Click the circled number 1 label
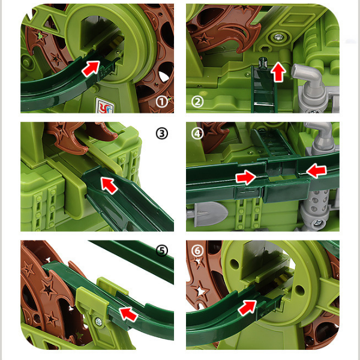pyautogui.click(x=162, y=101)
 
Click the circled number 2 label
pyautogui.click(x=197, y=101)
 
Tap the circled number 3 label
pyautogui.click(x=162, y=133)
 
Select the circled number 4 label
pyautogui.click(x=197, y=133)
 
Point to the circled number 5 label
pyautogui.click(x=162, y=250)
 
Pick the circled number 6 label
pyautogui.click(x=197, y=250)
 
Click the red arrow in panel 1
pyautogui.click(x=91, y=68)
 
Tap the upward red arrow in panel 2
pyautogui.click(x=278, y=71)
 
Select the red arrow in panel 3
pyautogui.click(x=109, y=185)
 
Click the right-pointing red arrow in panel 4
pyautogui.click(x=246, y=177)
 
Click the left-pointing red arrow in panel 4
pyautogui.click(x=316, y=170)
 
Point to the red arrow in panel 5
pyautogui.click(x=128, y=314)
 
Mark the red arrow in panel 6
pyautogui.click(x=247, y=307)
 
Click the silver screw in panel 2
pyautogui.click(x=278, y=37)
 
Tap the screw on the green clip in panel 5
pyautogui.click(x=98, y=322)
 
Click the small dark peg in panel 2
pyautogui.click(x=263, y=62)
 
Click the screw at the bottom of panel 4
pyautogui.click(x=318, y=223)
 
